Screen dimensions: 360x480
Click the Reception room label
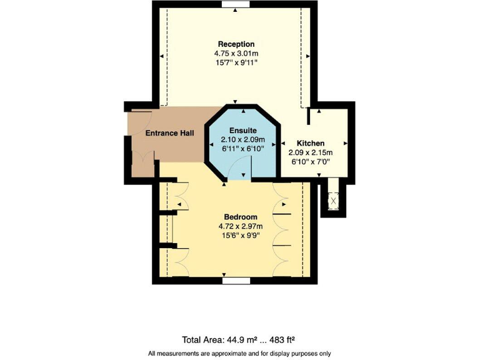point(236,44)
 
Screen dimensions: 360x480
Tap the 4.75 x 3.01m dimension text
point(236,54)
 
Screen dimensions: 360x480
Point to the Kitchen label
point(310,142)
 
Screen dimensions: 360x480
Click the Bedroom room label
point(241,216)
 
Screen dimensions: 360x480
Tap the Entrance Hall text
point(169,133)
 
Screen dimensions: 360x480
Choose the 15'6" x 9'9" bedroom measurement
point(241,236)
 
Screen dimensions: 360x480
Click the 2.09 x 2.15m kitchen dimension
point(310,152)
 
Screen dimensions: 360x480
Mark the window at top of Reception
point(236,4)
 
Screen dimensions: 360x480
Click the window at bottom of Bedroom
point(236,281)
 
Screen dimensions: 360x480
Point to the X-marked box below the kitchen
point(332,201)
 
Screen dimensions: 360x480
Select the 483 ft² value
point(281,340)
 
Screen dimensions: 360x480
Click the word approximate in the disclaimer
point(236,354)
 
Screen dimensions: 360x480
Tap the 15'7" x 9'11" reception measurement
point(236,63)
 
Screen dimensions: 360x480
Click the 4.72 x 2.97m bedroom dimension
point(241,226)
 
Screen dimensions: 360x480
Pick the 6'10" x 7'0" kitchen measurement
point(310,161)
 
